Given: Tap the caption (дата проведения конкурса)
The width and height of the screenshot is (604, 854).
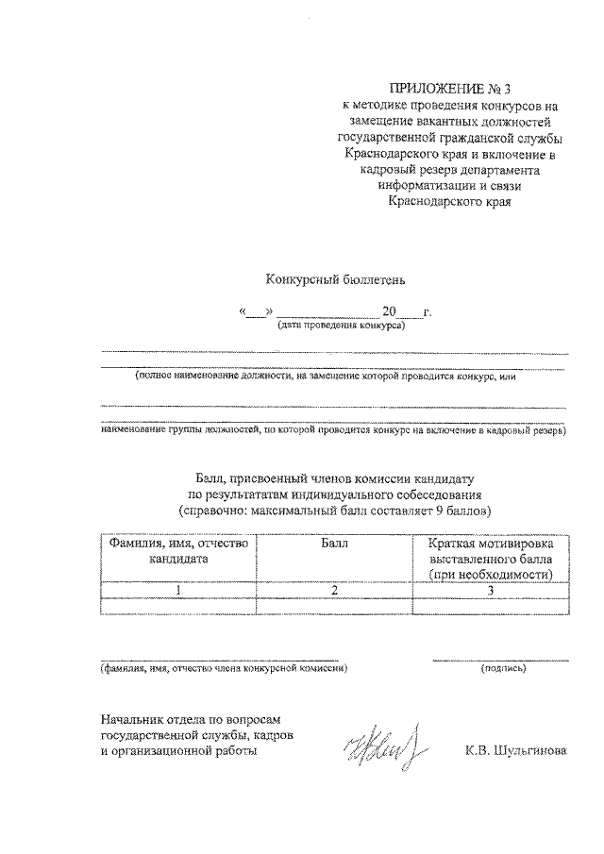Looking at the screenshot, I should [340, 326].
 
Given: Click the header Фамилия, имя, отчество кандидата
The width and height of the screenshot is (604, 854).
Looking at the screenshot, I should [178, 551].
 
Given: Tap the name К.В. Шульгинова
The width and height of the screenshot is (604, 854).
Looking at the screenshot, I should [515, 752].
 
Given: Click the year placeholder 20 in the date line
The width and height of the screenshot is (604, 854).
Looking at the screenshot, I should [391, 310].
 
